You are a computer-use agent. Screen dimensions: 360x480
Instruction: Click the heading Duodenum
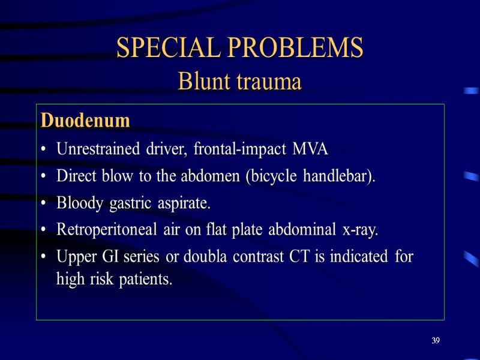[x=85, y=121]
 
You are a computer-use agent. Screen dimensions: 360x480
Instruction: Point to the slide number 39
[x=436, y=341]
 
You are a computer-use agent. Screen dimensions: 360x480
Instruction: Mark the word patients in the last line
[x=145, y=279]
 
